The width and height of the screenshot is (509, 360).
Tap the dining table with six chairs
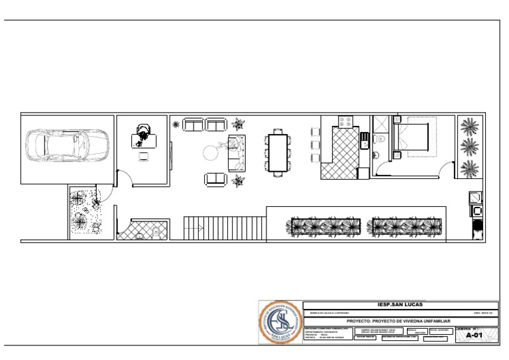tap(278, 152)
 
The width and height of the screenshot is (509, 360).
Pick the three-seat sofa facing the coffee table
tap(236, 152)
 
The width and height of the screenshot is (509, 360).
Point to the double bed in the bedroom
tap(414, 138)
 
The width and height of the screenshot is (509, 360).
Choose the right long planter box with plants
tap(406, 226)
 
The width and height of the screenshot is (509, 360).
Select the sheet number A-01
tap(474, 336)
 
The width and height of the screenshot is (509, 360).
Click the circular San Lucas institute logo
tap(280, 323)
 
